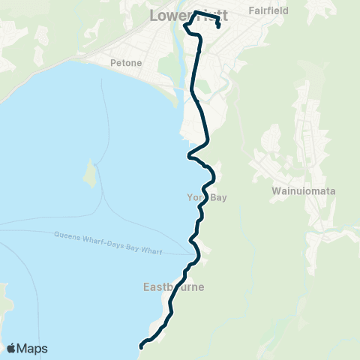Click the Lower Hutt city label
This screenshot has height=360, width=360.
tap(189, 16)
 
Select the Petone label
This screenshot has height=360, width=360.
tap(125, 62)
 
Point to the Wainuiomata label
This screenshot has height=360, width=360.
tap(303, 191)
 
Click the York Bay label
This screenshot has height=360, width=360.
tap(205, 197)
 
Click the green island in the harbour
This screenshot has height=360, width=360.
tap(89, 175)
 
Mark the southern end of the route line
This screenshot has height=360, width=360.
tap(140, 346)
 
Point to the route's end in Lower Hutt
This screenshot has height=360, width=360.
tap(217, 27)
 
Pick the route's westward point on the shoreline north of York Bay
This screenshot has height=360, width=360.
tap(188, 157)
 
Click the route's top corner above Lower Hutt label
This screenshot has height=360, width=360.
tap(196, 13)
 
